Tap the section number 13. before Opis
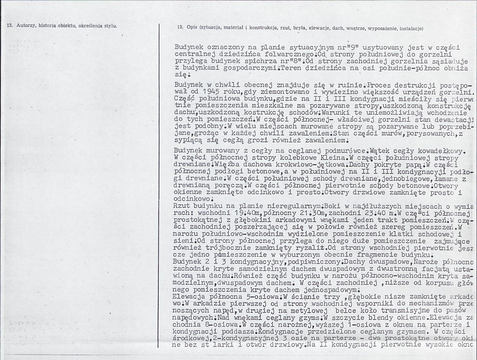point(180,28)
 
